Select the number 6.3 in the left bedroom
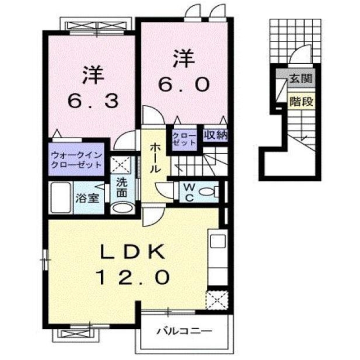tap(93, 102)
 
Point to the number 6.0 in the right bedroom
tap(184, 85)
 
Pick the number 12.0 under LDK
tap(132, 278)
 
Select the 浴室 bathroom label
tap(87, 198)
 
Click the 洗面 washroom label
tap(122, 188)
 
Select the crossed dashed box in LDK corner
tap(217, 299)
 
